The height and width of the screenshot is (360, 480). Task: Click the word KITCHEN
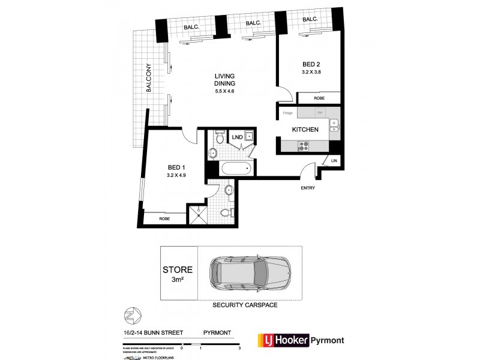tap(305, 129)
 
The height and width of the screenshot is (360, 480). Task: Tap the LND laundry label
tap(238, 137)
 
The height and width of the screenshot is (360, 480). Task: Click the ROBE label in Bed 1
tap(164, 219)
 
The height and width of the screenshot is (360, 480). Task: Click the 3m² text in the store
tap(178, 279)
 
